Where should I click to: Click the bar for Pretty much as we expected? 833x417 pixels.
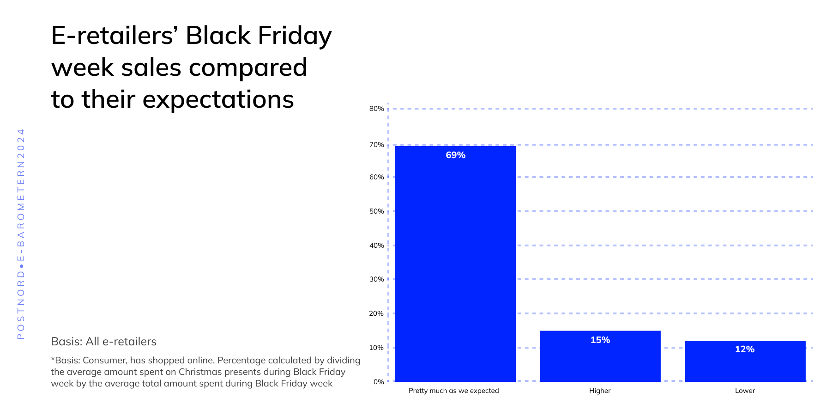[x=455, y=264]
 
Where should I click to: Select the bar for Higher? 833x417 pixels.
[x=600, y=356]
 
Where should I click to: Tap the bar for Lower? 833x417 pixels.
[x=745, y=361]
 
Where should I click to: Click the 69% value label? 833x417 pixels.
[x=455, y=155]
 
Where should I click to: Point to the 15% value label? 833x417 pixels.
[x=600, y=340]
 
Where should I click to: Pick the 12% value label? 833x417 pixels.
[x=744, y=350]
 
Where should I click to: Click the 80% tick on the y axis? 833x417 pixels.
[x=376, y=109]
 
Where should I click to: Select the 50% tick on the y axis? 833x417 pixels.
[x=376, y=211]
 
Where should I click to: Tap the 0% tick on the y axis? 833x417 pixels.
[x=378, y=381]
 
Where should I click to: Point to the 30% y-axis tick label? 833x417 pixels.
[x=376, y=279]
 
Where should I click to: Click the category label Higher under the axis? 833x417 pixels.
[x=599, y=391]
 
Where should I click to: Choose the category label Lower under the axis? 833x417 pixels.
[x=744, y=391]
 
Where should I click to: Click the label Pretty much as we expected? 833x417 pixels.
[x=453, y=391]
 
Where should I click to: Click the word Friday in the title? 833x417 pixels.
[x=295, y=36]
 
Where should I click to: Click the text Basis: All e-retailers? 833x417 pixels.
[x=103, y=342]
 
